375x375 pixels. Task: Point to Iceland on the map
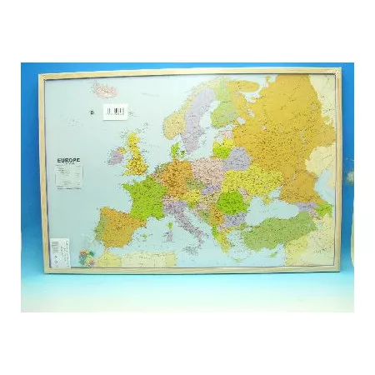point(105,88)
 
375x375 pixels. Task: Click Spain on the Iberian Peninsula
point(117,226)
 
